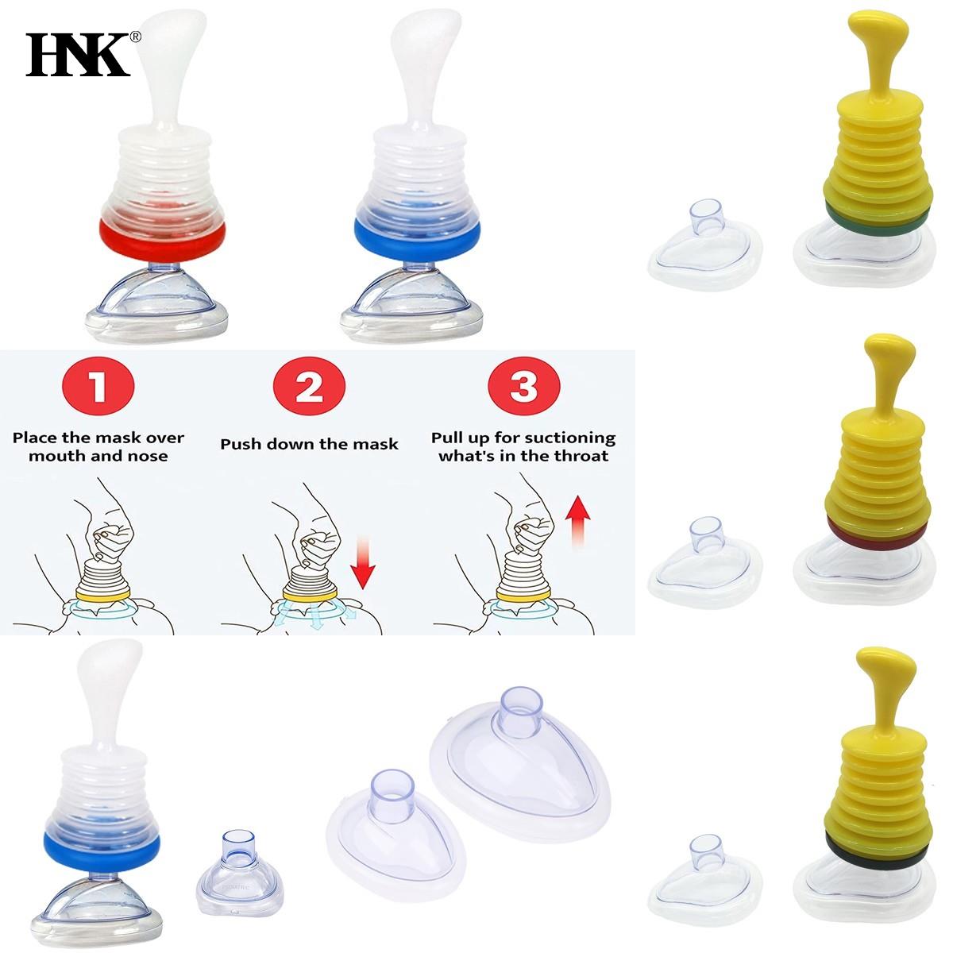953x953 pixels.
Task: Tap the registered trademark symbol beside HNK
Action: coord(136,37)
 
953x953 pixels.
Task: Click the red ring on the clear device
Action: coord(162,237)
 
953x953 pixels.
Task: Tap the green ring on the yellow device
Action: coord(878,218)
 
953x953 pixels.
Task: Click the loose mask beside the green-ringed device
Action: coord(705,245)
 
